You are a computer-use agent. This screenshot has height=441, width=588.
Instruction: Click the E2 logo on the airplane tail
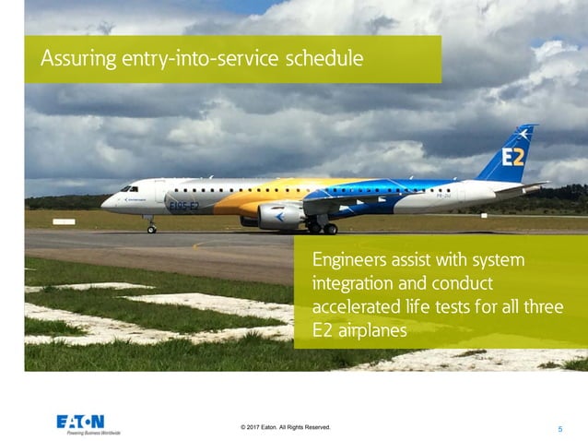(x=512, y=157)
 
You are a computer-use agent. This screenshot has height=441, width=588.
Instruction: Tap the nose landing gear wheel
(x=152, y=228)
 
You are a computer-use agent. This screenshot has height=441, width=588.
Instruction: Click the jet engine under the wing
(x=279, y=216)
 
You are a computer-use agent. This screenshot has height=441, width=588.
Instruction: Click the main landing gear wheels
(x=323, y=228)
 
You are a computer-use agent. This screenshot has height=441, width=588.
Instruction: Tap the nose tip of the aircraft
(x=103, y=201)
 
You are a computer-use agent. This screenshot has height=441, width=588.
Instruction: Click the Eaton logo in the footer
(x=82, y=421)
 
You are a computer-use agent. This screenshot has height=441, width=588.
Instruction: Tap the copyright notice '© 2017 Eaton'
(x=284, y=427)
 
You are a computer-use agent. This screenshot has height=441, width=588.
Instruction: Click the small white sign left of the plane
(x=64, y=221)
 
